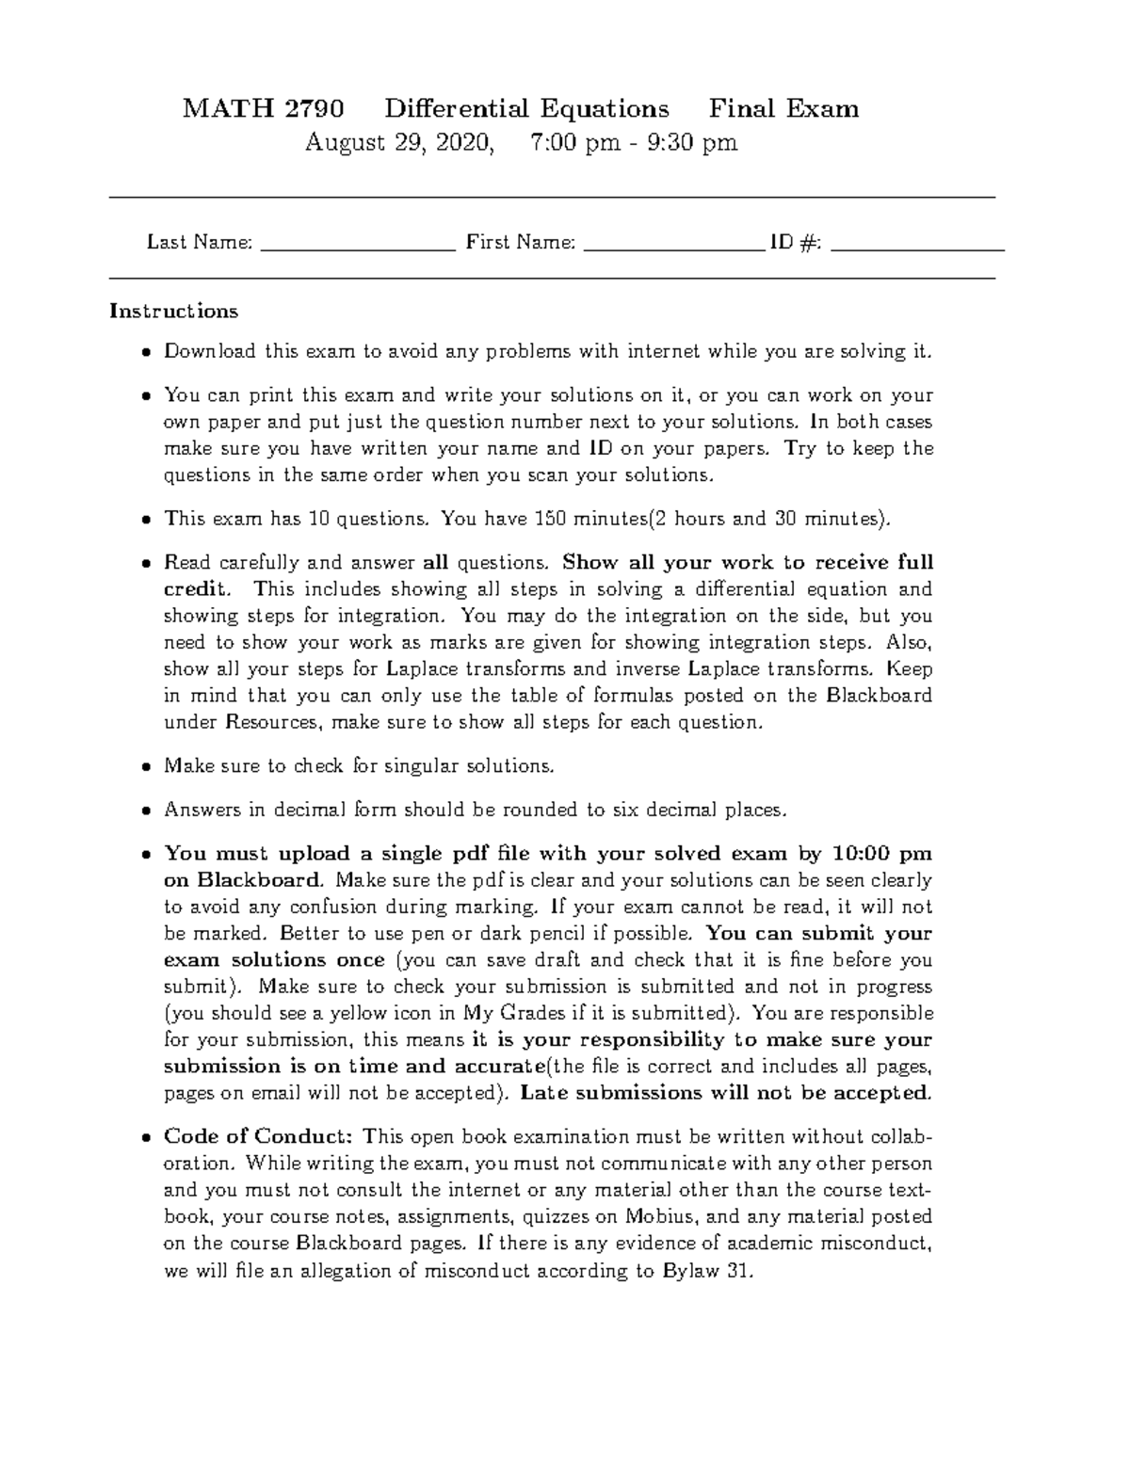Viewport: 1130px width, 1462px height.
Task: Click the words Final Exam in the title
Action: pyautogui.click(x=783, y=109)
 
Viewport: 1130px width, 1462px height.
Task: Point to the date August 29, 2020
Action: pyautogui.click(x=397, y=143)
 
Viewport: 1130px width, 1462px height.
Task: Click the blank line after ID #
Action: pyautogui.click(x=918, y=247)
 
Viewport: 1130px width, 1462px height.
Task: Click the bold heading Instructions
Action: pyautogui.click(x=173, y=311)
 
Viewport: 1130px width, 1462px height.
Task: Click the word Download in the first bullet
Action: pyautogui.click(x=210, y=352)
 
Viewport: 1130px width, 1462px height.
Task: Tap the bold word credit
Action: pyautogui.click(x=195, y=589)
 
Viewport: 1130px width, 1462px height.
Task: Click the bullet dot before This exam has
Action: pyautogui.click(x=146, y=520)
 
